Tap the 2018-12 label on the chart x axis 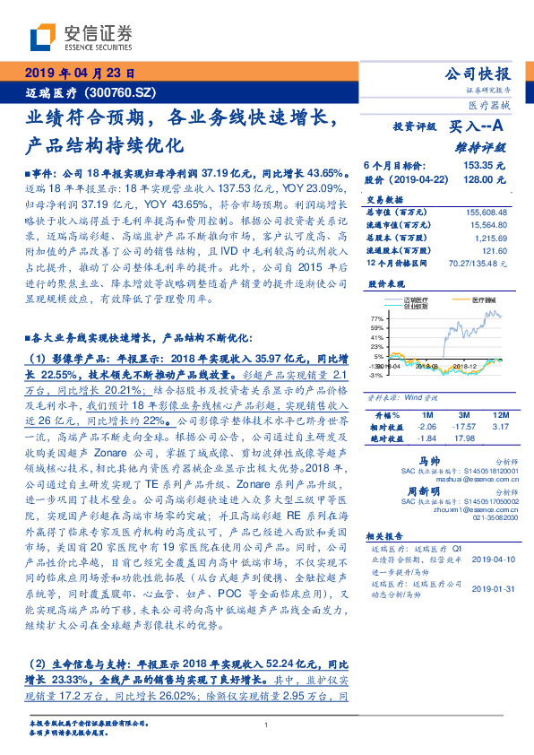click(463, 367)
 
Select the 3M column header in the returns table click(463, 416)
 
